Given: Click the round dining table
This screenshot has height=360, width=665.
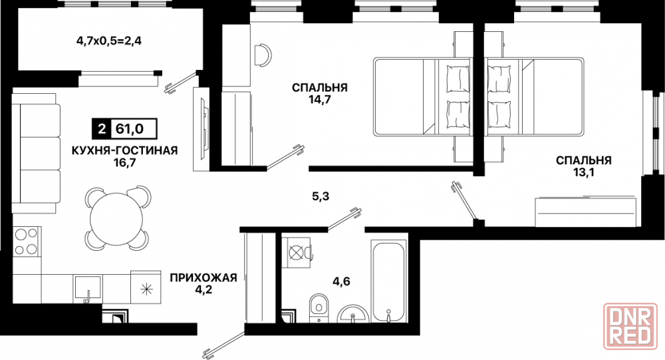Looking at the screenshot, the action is pos(116,218).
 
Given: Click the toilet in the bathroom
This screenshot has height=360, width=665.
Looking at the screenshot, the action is pos(318,307).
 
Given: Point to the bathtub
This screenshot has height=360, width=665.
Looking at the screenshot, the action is pos(388,283).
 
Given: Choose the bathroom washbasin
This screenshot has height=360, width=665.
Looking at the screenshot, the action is pos(353,314).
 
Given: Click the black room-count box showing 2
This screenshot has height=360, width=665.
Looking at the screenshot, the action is pos(101,128).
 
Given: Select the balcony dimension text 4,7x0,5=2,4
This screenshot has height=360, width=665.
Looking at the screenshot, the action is pos(108,41).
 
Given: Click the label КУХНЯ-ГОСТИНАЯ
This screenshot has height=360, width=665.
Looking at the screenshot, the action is pos(124,150).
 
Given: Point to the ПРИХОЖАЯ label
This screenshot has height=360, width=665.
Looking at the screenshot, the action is pos(203,278).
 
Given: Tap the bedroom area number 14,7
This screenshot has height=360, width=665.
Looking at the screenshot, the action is pos(320,100).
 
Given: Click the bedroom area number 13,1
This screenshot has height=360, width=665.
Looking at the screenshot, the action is pos(584,173).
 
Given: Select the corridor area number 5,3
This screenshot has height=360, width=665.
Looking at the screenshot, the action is pos(320,196).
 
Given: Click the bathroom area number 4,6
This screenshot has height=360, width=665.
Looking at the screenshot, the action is pos(341,281).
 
